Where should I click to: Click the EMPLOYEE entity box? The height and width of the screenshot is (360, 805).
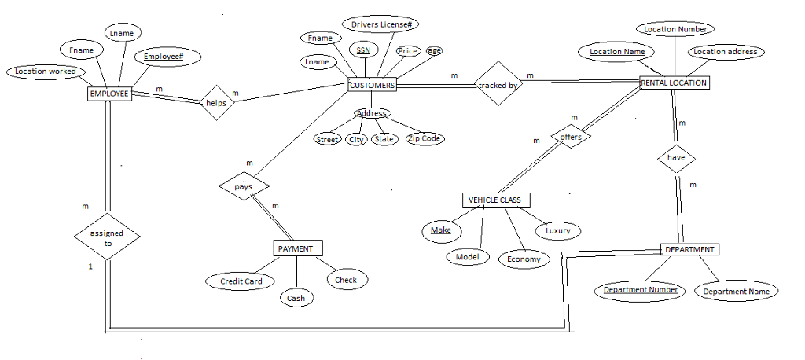(108, 94)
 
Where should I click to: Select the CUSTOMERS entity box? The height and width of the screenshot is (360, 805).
(372, 85)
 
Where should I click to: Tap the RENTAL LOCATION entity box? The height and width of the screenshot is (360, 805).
(674, 83)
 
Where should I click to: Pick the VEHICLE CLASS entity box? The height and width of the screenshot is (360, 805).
(494, 200)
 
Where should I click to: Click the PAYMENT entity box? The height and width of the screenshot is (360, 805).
(296, 248)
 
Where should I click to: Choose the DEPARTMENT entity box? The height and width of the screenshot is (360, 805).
(689, 249)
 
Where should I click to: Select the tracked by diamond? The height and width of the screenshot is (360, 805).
(498, 84)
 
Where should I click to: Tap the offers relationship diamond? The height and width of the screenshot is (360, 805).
(570, 137)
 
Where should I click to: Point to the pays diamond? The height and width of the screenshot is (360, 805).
(244, 187)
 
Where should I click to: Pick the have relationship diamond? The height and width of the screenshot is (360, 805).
(676, 157)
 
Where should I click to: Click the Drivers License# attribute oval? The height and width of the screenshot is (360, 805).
(380, 25)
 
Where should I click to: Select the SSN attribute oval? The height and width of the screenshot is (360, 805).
(362, 50)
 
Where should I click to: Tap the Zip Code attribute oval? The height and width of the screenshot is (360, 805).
(425, 138)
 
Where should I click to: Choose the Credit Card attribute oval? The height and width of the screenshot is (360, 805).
(241, 281)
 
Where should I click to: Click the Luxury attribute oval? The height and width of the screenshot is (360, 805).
(557, 231)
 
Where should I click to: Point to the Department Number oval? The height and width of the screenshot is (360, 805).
(640, 290)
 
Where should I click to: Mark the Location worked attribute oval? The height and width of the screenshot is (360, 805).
(46, 72)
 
